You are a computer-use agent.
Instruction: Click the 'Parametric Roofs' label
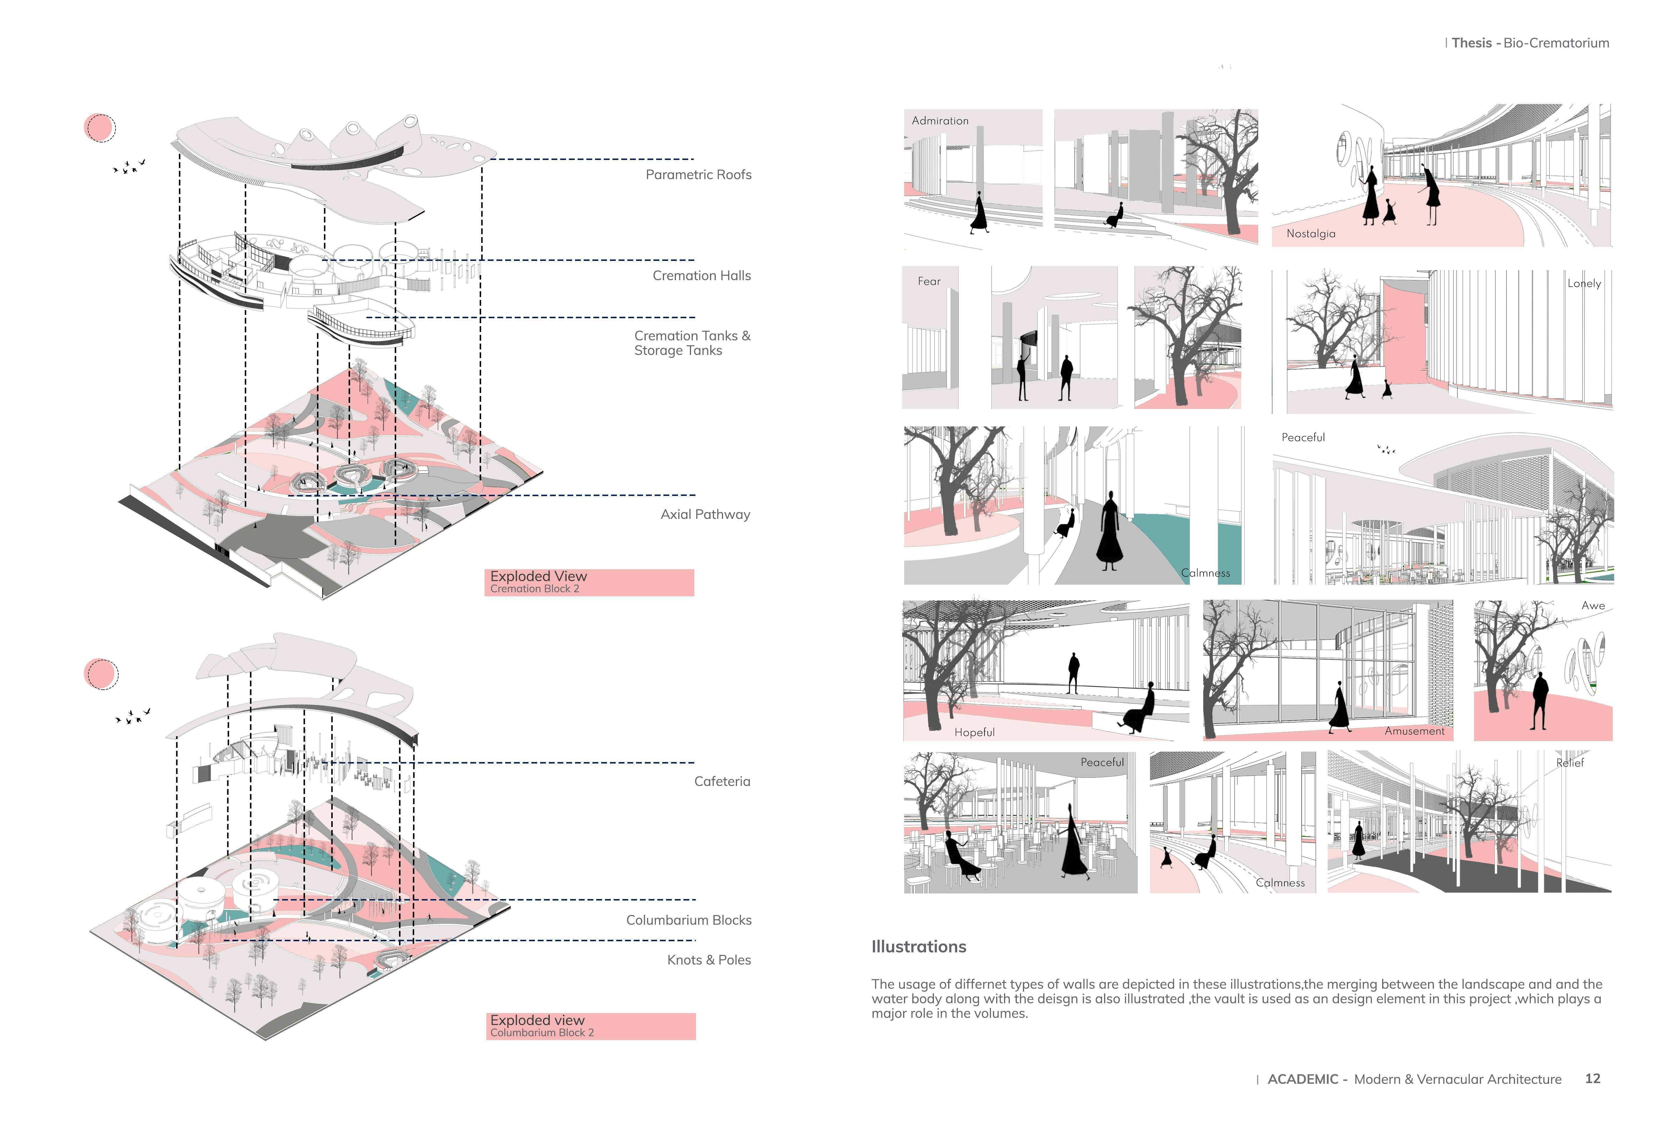tap(698, 175)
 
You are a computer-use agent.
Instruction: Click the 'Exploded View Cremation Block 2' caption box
tap(589, 582)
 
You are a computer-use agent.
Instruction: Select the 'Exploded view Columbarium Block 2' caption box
tap(590, 1026)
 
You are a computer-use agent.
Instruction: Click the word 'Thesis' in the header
tap(1471, 43)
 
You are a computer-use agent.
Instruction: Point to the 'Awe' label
tap(1593, 605)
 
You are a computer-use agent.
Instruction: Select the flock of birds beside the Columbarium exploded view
tap(133, 715)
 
